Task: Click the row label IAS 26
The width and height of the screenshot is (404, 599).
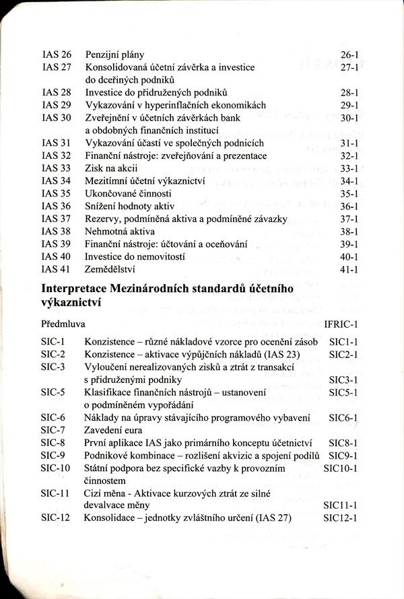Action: pyautogui.click(x=57, y=54)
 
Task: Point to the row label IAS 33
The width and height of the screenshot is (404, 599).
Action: pyautogui.click(x=57, y=168)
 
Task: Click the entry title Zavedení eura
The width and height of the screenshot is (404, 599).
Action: pyautogui.click(x=116, y=430)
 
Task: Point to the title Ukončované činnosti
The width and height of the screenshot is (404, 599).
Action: pyautogui.click(x=125, y=194)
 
